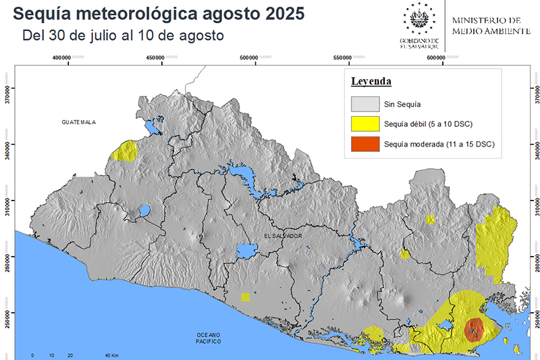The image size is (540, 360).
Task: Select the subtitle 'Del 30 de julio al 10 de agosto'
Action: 123,35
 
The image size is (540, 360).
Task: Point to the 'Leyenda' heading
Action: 371,82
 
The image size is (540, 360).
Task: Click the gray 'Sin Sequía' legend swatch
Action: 364,104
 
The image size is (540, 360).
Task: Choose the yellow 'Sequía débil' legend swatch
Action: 364,124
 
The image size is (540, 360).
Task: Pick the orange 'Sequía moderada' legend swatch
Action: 364,145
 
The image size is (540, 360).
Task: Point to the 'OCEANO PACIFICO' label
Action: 209,338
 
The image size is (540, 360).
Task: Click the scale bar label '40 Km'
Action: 111,355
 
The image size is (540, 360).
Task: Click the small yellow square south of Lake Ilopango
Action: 245,297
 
